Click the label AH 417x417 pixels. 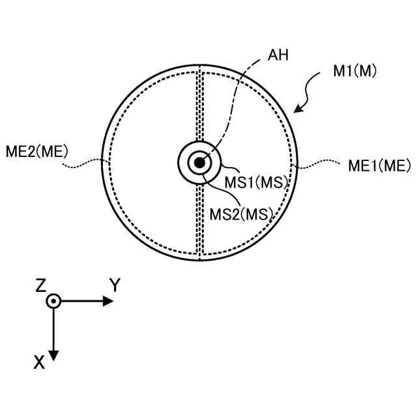click(x=278, y=56)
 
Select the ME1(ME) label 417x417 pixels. click(x=370, y=166)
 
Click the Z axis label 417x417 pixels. click(x=41, y=285)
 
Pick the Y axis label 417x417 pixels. click(x=115, y=285)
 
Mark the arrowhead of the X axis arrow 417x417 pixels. click(x=54, y=355)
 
